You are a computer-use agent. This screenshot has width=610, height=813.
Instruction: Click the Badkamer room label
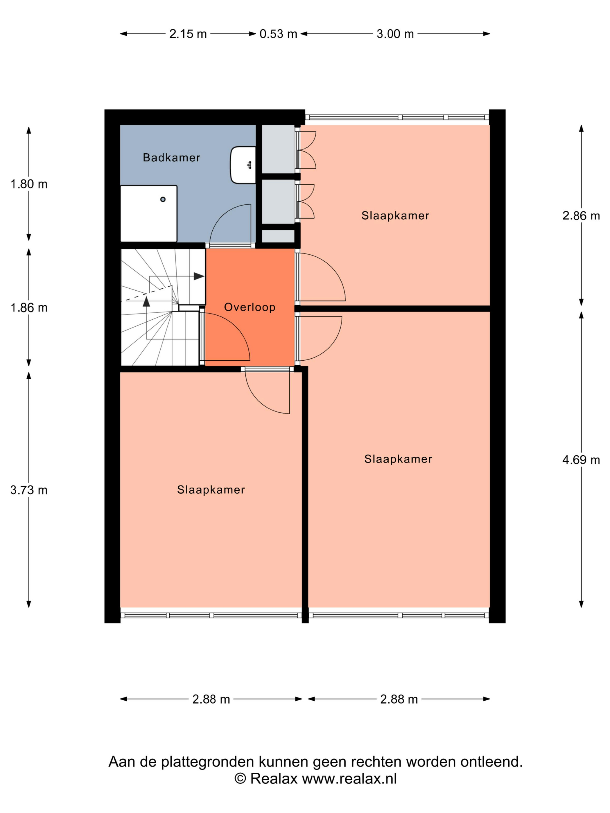tap(171, 158)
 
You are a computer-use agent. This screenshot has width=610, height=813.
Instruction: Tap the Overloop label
tap(250, 307)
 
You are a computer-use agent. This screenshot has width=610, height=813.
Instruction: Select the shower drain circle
tap(163, 199)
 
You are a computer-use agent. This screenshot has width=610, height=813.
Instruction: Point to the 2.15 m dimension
tap(188, 34)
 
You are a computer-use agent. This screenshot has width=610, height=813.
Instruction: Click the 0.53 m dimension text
tap(278, 34)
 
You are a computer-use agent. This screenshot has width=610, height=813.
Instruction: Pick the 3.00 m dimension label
tap(395, 34)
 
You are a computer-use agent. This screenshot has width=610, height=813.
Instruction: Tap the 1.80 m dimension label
tap(29, 184)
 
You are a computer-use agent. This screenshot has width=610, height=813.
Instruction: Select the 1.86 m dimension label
tap(29, 307)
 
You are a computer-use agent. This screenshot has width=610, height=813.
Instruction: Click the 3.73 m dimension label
tap(29, 490)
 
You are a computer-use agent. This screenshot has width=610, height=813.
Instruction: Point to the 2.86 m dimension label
tap(581, 216)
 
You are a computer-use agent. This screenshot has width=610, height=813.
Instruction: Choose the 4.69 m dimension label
tap(581, 460)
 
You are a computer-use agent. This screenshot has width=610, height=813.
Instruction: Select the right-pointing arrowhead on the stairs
tap(199, 276)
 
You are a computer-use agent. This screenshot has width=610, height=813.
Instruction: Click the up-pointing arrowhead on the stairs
tap(146, 301)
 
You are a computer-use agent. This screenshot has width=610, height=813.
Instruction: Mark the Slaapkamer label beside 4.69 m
tap(398, 459)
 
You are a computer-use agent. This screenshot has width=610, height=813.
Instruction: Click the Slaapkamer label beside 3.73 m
tap(211, 490)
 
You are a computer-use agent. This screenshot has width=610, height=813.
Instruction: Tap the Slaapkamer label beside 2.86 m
tap(395, 216)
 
